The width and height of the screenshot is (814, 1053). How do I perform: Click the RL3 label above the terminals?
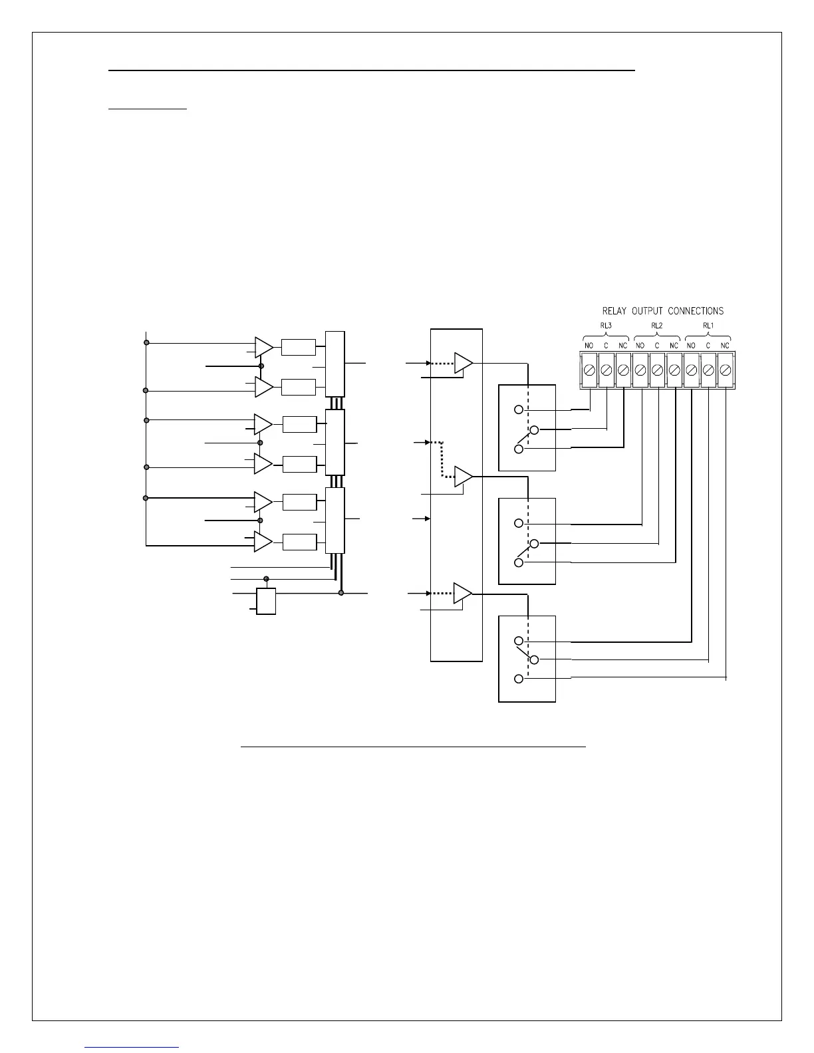pos(606,326)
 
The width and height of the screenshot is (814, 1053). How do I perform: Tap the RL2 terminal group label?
pos(656,326)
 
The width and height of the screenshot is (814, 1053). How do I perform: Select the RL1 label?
pos(708,326)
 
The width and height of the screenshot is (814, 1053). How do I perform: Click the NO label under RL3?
pos(589,346)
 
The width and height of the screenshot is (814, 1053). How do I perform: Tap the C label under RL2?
pos(656,346)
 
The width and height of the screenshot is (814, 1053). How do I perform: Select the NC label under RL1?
pos(725,346)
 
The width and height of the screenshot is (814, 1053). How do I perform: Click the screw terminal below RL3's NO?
pos(589,370)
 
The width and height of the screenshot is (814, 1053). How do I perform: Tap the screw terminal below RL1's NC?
pos(726,370)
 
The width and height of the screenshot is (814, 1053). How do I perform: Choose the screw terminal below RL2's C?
pos(657,370)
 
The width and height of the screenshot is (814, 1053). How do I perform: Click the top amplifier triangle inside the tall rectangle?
pos(463,364)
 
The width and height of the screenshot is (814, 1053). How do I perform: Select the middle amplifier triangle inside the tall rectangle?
pos(463,476)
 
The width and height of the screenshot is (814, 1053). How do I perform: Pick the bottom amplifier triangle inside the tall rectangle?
pos(462,593)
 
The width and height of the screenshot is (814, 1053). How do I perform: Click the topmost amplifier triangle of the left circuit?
pos(263,347)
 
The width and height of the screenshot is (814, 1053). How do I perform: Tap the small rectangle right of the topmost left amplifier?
pos(299,347)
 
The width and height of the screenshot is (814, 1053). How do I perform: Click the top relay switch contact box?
pos(527,428)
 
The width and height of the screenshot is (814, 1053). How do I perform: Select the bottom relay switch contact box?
pos(527,659)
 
